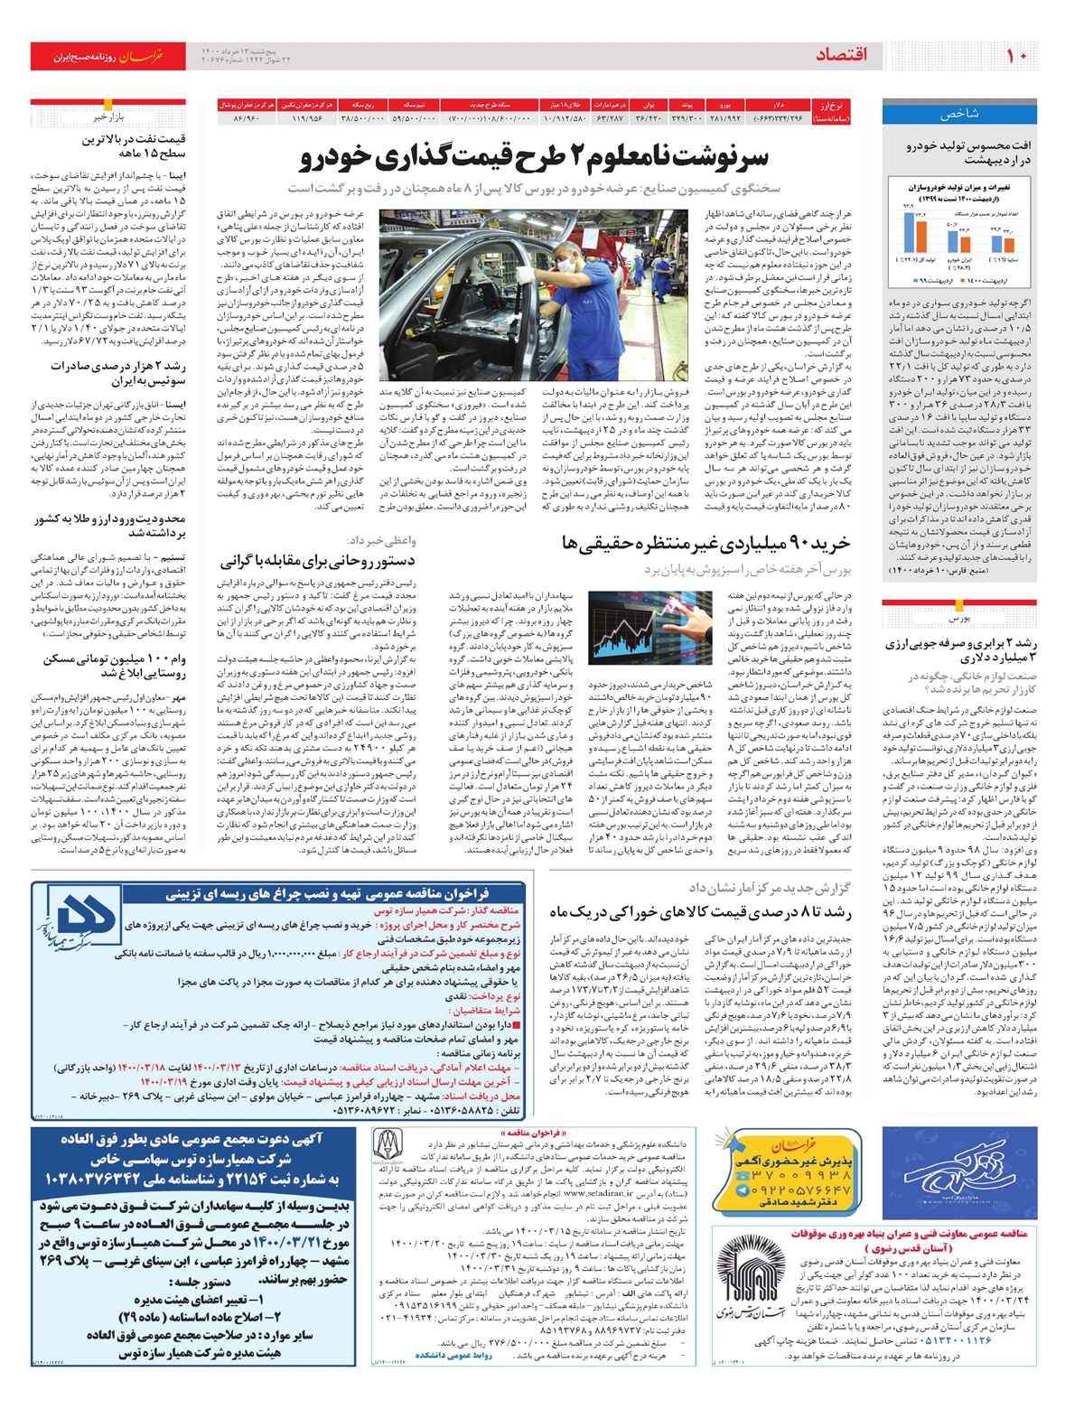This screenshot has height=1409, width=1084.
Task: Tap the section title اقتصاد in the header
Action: tap(840, 55)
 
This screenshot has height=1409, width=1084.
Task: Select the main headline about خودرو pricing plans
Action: tap(534, 159)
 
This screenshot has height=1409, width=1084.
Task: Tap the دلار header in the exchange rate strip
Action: tap(778, 105)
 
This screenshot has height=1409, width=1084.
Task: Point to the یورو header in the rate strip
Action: tap(725, 105)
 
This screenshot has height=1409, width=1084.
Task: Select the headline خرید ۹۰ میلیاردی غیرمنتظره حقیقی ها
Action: tap(706, 544)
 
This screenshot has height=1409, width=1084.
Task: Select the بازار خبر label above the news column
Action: tap(107, 117)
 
